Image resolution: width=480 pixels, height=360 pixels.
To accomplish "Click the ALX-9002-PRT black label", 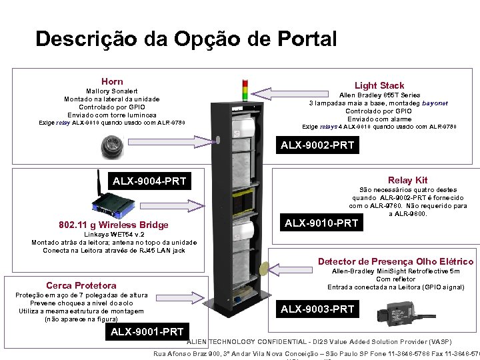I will [317, 145].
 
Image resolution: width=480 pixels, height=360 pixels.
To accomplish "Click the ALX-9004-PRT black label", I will [149, 181].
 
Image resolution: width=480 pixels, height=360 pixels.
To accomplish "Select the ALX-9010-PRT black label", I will [321, 223].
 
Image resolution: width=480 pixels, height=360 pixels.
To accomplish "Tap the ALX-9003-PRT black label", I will [317, 309].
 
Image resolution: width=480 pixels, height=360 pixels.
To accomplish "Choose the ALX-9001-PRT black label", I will [147, 331].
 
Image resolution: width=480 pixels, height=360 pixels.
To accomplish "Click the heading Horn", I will [112, 81].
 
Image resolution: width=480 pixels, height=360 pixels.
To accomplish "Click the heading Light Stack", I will [379, 85].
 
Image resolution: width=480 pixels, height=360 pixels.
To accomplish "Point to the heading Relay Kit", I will [407, 180].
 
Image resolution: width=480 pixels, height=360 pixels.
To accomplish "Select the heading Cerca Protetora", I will [81, 285].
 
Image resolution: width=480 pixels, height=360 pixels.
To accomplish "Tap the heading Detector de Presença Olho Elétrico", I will [395, 261].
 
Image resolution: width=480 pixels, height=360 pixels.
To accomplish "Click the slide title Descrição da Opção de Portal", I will [186, 39].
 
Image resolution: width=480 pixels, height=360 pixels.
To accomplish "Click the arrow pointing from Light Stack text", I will [281, 92].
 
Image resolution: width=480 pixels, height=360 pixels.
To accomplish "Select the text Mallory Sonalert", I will [112, 91].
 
